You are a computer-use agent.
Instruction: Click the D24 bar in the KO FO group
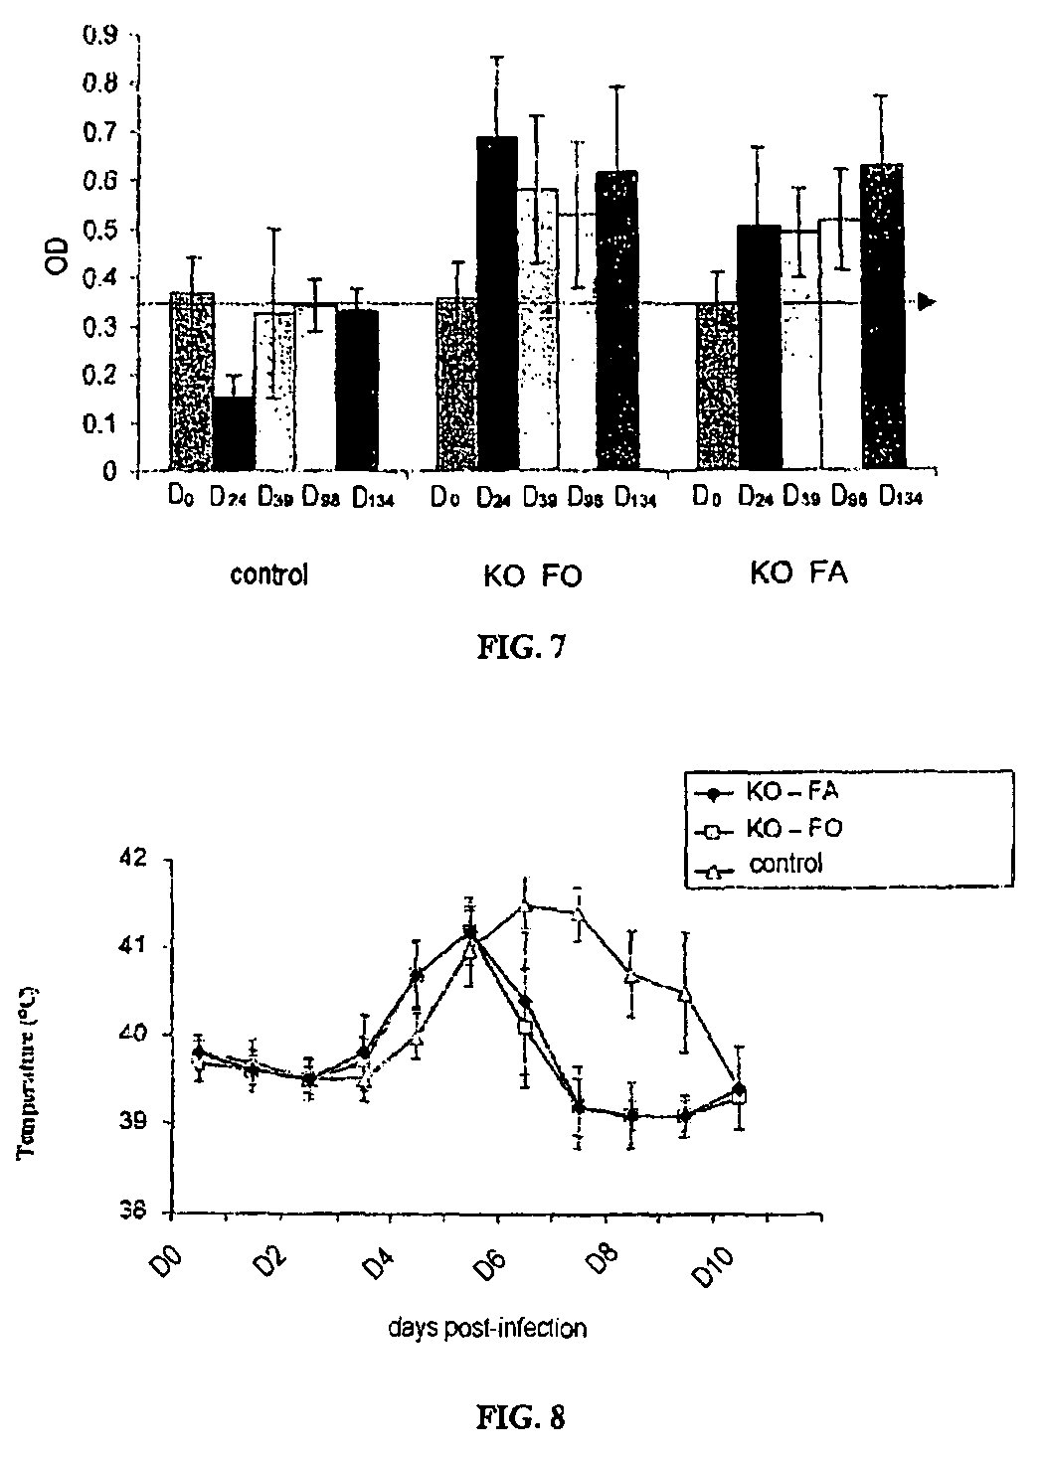tap(497, 302)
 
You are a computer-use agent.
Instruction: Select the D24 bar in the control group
tap(234, 433)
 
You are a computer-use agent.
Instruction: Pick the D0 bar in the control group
tap(192, 382)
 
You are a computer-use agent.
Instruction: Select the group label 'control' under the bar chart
tap(268, 574)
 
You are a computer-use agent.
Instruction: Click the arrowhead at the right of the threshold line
tap(927, 301)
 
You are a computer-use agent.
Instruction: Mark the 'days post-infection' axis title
tap(486, 1328)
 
